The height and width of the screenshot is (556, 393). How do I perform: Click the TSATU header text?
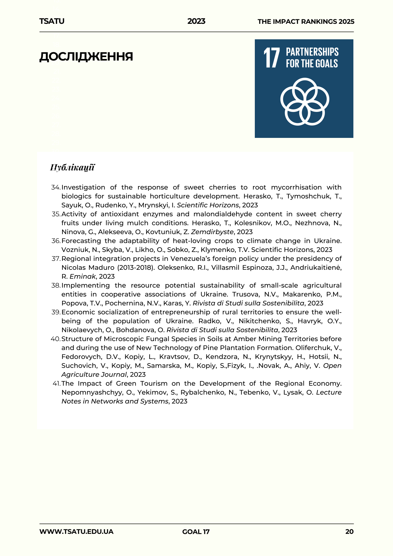52,21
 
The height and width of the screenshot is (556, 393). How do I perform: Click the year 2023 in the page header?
196,21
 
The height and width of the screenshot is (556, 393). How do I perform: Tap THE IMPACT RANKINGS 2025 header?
306,22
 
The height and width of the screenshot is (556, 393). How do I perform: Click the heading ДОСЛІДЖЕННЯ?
86,57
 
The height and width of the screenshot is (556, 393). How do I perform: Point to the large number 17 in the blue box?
272,58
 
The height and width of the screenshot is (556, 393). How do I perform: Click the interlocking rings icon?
304,101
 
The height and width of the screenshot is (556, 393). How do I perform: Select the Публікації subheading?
72,167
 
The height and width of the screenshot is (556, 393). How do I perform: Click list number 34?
55,187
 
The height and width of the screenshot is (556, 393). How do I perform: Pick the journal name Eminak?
82,276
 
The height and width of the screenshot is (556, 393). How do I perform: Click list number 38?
55,285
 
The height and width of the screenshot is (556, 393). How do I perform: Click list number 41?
56,384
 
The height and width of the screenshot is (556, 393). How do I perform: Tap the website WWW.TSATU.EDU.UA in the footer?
76,532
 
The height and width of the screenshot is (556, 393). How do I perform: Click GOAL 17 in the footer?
196,532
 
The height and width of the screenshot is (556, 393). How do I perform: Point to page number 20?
349,532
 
